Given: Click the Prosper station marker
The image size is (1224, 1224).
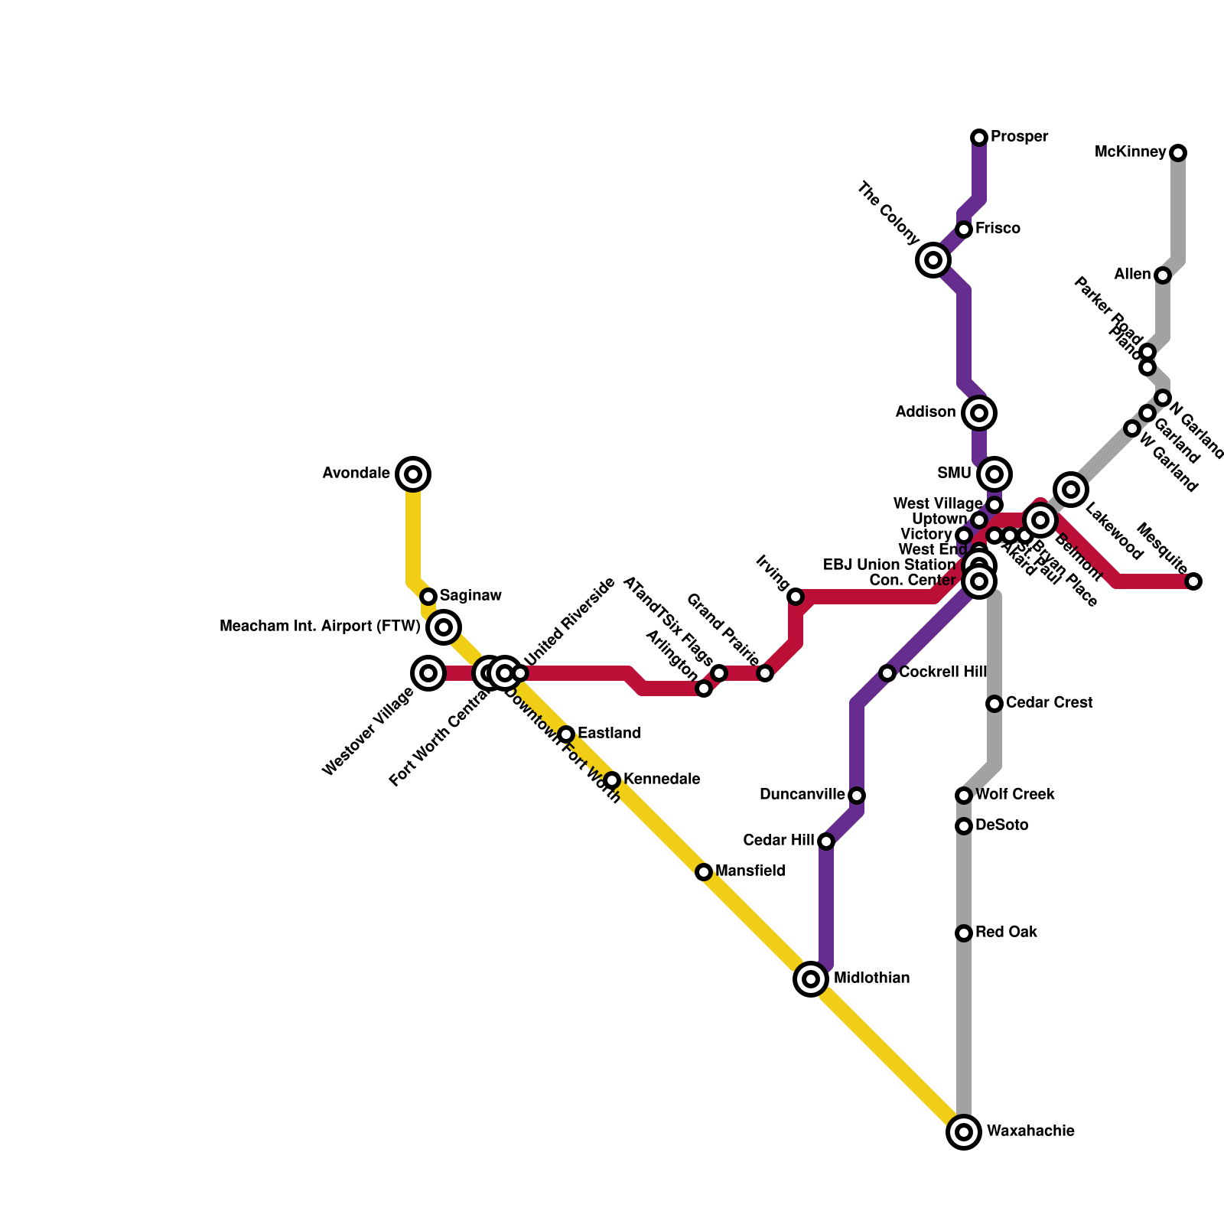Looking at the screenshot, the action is [979, 138].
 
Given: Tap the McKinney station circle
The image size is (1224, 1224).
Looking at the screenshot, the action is [1178, 153].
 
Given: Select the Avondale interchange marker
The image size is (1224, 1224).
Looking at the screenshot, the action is [413, 474].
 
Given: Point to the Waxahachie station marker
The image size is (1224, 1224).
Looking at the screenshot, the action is [964, 1131].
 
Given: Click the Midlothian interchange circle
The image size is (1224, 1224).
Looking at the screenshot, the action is [811, 978].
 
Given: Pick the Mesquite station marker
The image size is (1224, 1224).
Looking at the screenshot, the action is [1193, 581].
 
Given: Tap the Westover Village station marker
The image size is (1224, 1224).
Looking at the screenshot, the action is [428, 673].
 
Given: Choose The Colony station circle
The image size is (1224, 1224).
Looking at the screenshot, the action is [933, 260].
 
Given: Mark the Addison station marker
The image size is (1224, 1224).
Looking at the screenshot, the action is [979, 413].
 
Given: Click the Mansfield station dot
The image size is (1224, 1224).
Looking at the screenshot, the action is [704, 872].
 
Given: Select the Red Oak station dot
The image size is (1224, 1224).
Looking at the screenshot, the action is [964, 933].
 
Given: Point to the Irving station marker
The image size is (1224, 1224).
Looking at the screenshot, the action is [796, 597].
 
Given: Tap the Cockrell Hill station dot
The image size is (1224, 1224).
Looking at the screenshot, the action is [887, 673].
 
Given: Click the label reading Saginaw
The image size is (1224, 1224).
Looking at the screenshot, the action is [470, 596].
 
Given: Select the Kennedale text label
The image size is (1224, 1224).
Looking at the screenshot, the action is [662, 780].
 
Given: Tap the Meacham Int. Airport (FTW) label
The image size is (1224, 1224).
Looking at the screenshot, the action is [320, 627].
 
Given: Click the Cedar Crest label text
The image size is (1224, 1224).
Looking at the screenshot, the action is [1049, 702].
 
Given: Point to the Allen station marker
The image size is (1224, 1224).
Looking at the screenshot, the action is [1163, 275].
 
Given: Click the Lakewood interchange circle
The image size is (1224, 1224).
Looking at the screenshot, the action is [1071, 490].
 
